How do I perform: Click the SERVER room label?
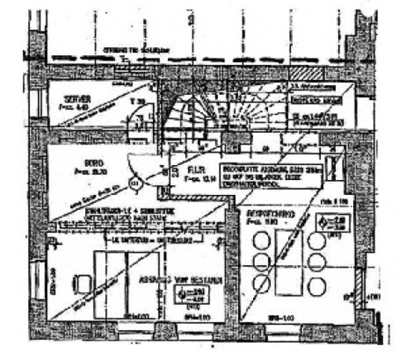click(x=79, y=98)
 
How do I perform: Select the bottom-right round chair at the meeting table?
click(x=314, y=282)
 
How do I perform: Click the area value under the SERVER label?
click(x=79, y=107)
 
